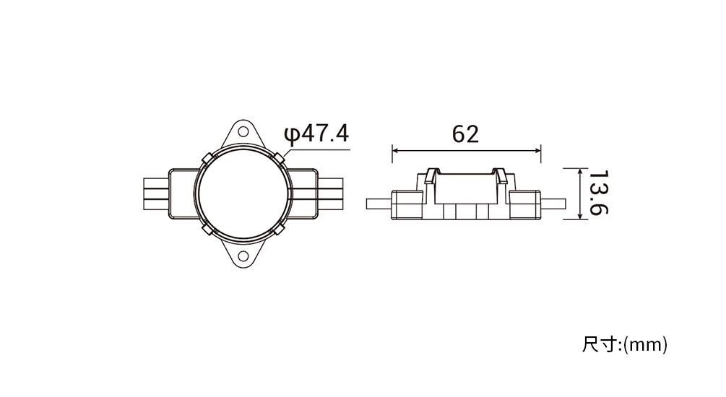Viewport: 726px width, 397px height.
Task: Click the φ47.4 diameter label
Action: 316,134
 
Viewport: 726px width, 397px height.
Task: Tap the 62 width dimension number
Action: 465,134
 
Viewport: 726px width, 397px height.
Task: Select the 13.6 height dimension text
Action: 598,193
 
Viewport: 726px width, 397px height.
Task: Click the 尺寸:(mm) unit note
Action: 625,345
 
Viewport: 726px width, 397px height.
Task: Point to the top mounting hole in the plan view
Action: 243,132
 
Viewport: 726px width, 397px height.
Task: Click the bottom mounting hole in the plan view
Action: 243,256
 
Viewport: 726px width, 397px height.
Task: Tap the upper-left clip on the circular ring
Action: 207,158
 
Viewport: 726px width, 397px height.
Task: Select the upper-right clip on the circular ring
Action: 279,158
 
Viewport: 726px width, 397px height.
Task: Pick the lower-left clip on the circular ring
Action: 207,230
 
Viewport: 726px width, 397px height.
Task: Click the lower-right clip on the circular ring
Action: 279,230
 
